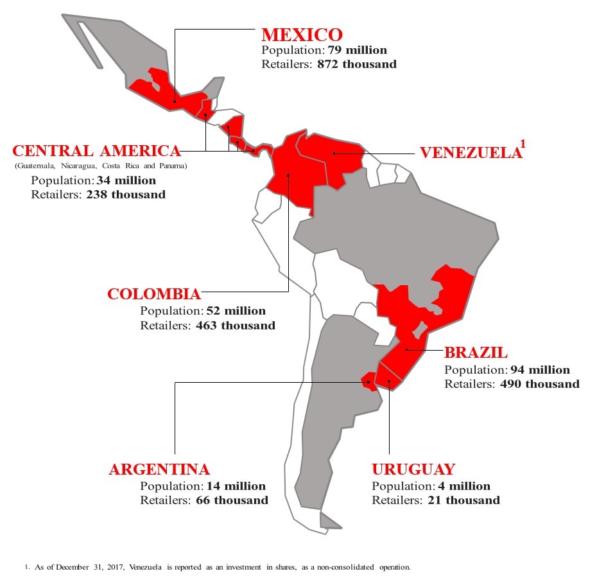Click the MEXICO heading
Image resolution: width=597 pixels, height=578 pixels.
pyautogui.click(x=302, y=35)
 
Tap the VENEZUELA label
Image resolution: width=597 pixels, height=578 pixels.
pyautogui.click(x=469, y=153)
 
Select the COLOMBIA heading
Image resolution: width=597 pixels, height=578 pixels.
pyautogui.click(x=154, y=295)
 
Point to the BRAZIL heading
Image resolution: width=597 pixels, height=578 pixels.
pyautogui.click(x=476, y=353)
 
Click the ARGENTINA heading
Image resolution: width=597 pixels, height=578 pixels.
pyautogui.click(x=159, y=469)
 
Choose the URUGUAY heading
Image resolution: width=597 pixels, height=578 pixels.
pyautogui.click(x=413, y=469)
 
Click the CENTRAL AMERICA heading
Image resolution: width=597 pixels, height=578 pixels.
pyautogui.click(x=96, y=151)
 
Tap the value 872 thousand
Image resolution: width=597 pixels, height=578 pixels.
pyautogui.click(x=357, y=64)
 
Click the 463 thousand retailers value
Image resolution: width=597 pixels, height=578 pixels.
pyautogui.click(x=236, y=326)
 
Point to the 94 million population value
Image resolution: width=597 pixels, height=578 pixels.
pyautogui.click(x=540, y=370)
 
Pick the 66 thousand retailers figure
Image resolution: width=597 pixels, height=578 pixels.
pyautogui.click(x=232, y=500)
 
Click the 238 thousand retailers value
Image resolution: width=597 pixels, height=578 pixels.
pyautogui.click(x=126, y=194)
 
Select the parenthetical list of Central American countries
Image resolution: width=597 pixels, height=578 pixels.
pyautogui.click(x=100, y=166)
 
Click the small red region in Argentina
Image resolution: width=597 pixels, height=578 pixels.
pyautogui.click(x=369, y=380)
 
